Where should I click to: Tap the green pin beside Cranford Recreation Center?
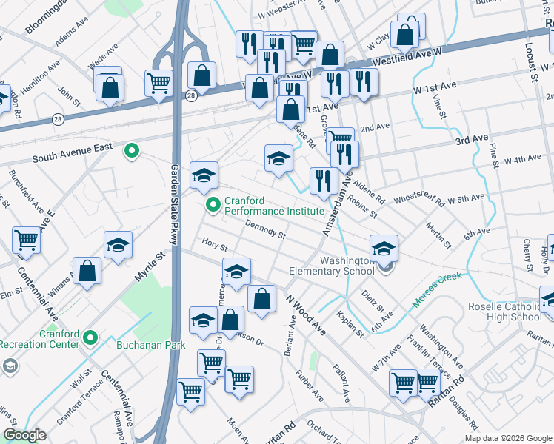(91, 338)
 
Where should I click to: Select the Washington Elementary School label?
(347, 266)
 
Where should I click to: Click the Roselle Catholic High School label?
(505, 312)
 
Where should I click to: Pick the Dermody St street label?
(265, 231)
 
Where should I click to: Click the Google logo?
(24, 435)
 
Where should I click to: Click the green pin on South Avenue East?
(132, 152)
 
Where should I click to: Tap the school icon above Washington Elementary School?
(384, 249)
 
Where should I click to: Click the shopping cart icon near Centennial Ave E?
(26, 240)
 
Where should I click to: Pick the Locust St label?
(533, 55)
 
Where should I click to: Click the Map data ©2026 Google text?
(507, 438)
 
